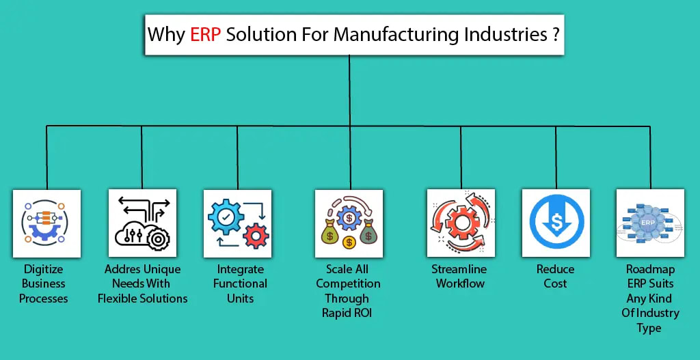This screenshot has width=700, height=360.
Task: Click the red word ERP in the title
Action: tap(206, 35)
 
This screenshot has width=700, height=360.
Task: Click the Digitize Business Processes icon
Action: tap(46, 223)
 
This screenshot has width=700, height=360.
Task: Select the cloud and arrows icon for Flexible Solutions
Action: tap(142, 223)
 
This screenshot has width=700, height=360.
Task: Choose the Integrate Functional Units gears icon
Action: tap(237, 223)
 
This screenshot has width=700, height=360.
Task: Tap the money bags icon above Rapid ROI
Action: tap(349, 223)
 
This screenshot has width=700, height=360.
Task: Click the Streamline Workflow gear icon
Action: tap(460, 223)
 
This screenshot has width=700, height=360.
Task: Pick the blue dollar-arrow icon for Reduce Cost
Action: tap(555, 223)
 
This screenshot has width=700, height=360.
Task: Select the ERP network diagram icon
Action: tap(649, 223)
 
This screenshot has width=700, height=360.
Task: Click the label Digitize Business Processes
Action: tap(44, 283)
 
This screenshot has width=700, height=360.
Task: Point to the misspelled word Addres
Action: tap(123, 269)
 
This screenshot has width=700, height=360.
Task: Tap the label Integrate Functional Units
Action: tap(240, 283)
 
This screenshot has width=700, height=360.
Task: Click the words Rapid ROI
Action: tap(348, 313)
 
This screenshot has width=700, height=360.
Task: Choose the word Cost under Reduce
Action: tap(555, 283)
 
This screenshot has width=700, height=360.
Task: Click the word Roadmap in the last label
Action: tap(649, 269)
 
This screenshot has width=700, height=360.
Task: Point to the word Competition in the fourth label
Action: tap(348, 283)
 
